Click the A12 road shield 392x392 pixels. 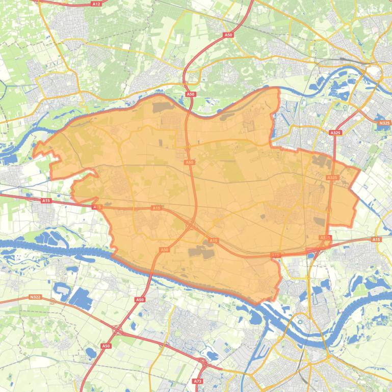tap(96, 4)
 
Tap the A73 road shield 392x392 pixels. tap(198, 381)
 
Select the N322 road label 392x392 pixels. tap(35, 297)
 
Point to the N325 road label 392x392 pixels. tap(384, 123)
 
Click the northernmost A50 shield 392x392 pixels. tap(228, 35)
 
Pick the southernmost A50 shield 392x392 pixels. tap(106, 346)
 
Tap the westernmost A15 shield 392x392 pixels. tap(46, 201)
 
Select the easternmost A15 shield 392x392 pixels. tap(376, 239)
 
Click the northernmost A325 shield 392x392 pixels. tap(335, 133)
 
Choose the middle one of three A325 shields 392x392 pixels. tap(332, 177)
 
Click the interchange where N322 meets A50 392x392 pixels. tap(118, 331)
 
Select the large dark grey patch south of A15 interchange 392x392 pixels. tap(200, 251)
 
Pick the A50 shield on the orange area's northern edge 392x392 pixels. tap(190, 94)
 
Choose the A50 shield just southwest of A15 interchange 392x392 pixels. tap(164, 250)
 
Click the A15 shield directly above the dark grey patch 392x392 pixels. tap(213, 240)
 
